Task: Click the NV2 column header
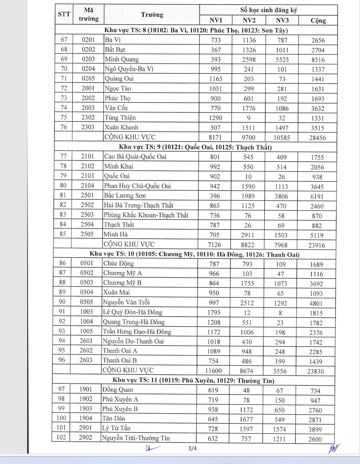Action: [x=249, y=20]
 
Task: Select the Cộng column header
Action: [x=318, y=21]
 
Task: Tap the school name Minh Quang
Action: [x=122, y=59]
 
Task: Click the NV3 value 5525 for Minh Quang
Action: [x=282, y=60]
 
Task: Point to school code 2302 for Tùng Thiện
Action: [x=88, y=117]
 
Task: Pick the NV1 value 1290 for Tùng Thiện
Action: [x=215, y=118]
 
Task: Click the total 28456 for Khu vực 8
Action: [x=317, y=138]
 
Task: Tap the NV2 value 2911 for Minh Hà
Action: [x=248, y=235]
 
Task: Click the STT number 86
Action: [x=62, y=263]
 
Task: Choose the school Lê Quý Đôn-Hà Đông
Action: [x=132, y=312]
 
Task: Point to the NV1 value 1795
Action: [x=214, y=312]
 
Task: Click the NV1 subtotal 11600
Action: [x=213, y=371]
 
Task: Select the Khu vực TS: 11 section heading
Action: [x=193, y=381]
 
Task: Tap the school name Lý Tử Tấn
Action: [x=116, y=428]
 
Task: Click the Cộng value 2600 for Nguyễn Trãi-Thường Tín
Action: [x=315, y=439]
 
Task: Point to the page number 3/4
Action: [x=192, y=448]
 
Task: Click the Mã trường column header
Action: [x=89, y=15]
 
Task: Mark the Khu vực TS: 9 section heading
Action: [x=195, y=147]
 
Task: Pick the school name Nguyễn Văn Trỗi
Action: [x=126, y=302]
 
